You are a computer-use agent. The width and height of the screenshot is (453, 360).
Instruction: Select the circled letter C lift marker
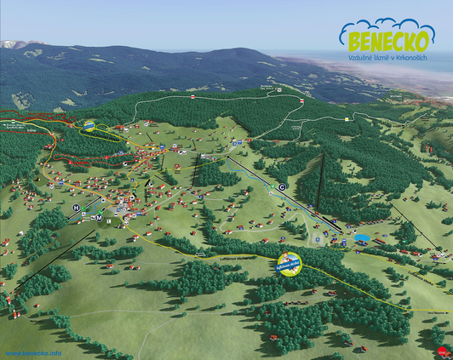[x=282, y=187]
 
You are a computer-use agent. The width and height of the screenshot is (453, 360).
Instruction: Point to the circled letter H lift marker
[x=76, y=208]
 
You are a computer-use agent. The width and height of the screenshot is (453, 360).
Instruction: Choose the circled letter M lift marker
[x=98, y=219]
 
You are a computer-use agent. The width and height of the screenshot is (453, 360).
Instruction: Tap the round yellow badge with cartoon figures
[x=290, y=263]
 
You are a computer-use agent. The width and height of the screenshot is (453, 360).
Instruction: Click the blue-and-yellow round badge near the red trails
[x=89, y=126]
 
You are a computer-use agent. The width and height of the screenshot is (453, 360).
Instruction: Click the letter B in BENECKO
[x=351, y=39]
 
